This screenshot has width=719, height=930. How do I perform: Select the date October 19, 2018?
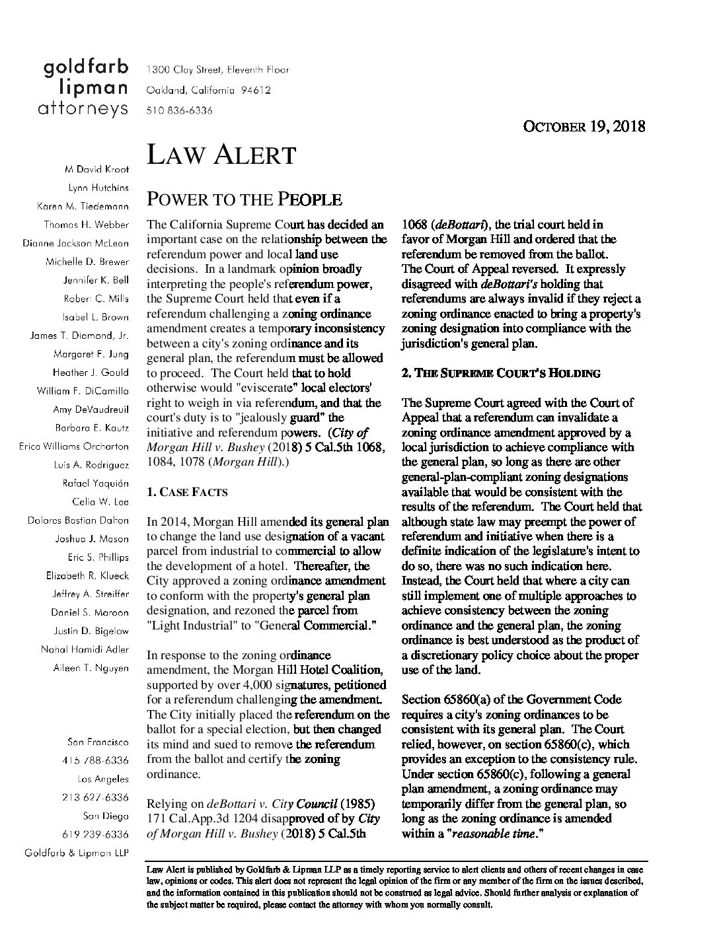click(x=584, y=126)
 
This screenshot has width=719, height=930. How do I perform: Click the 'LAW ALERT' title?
click(x=221, y=155)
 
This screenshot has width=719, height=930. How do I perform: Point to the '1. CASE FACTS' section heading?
click(x=186, y=492)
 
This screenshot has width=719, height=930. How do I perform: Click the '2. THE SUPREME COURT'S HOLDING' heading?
click(x=501, y=373)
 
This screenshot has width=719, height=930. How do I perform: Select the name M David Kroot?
click(x=96, y=169)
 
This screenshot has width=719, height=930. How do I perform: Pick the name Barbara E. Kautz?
click(x=92, y=427)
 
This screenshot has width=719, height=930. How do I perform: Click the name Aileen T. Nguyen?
click(x=91, y=668)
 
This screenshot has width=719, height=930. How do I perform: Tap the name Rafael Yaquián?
click(x=96, y=483)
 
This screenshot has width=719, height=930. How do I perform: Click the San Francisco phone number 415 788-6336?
click(x=95, y=760)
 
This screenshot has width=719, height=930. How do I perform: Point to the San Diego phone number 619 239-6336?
click(x=95, y=834)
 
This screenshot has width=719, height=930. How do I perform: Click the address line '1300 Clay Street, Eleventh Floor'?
click(x=217, y=69)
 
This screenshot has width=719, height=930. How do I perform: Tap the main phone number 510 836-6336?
click(x=179, y=111)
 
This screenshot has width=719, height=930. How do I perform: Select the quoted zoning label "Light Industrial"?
click(x=188, y=626)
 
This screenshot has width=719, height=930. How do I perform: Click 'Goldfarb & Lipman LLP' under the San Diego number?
click(x=77, y=853)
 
